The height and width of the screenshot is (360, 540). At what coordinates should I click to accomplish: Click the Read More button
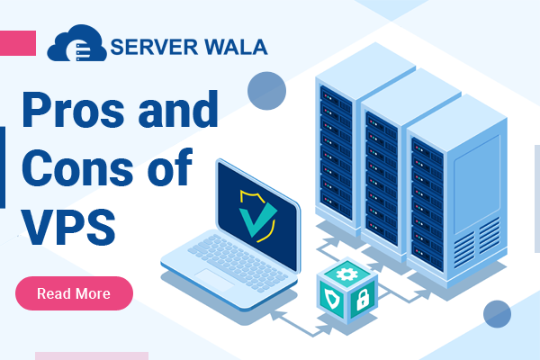pyautogui.click(x=74, y=293)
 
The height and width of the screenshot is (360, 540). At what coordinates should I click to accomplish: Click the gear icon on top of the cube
pyautogui.click(x=346, y=272)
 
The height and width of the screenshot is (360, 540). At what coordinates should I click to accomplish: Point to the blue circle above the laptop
pyautogui.click(x=266, y=90)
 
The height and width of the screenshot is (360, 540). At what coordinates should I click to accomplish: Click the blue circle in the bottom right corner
pyautogui.click(x=497, y=314)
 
